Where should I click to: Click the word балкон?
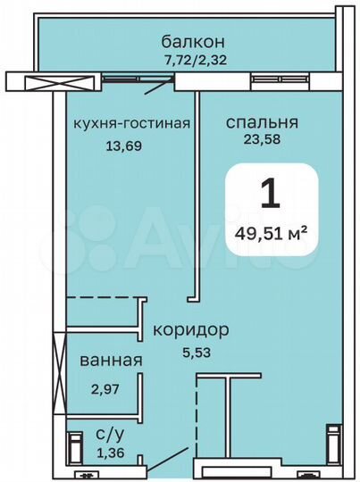pyautogui.click(x=192, y=41)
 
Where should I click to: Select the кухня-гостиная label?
pyautogui.click(x=132, y=123)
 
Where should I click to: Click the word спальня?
pyautogui.click(x=262, y=123)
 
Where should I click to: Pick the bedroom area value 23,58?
pyautogui.click(x=261, y=138)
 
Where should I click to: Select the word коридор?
pyautogui.click(x=190, y=329)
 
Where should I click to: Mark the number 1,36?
pyautogui.click(x=110, y=453)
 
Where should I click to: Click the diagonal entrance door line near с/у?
pyautogui.click(x=164, y=465)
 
